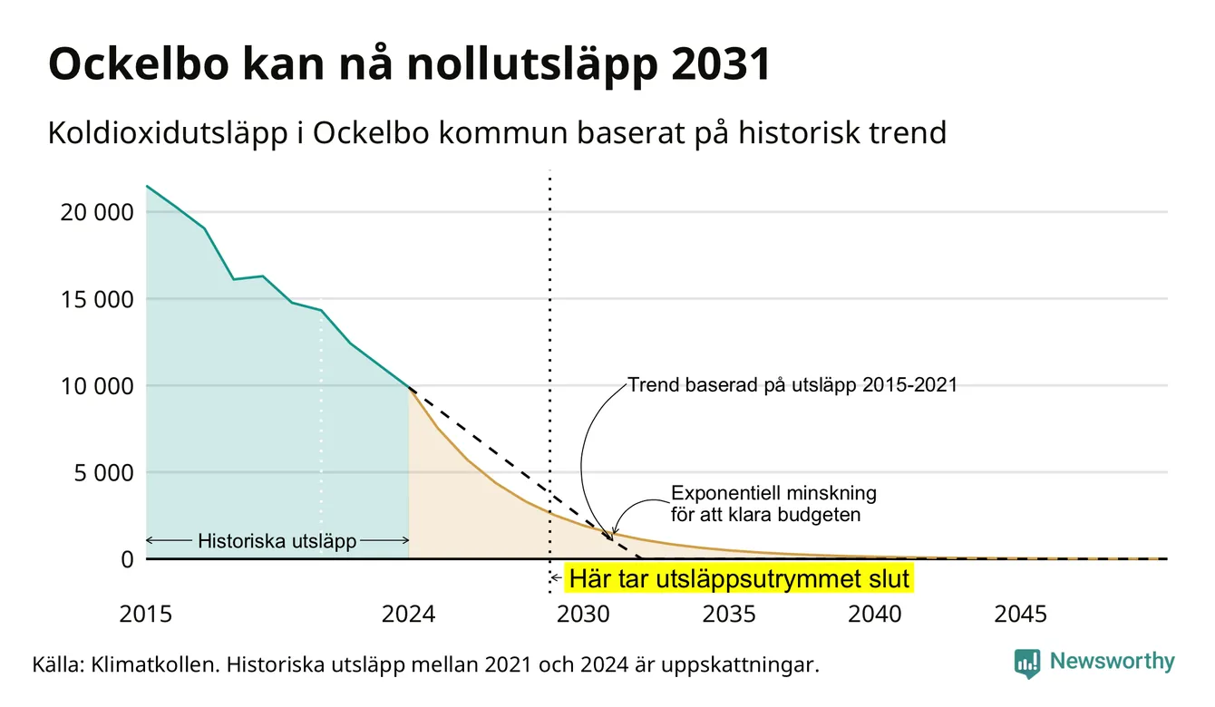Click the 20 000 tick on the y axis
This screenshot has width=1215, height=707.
(x=96, y=212)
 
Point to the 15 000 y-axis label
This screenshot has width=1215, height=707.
(x=96, y=299)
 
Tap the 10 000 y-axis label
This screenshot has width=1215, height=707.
(x=96, y=386)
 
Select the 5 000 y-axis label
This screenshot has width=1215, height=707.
(x=103, y=473)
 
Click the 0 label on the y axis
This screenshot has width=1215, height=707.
(x=127, y=559)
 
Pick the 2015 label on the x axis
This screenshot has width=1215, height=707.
(x=145, y=615)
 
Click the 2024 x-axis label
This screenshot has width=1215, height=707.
(x=408, y=615)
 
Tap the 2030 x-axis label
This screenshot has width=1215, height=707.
(x=584, y=615)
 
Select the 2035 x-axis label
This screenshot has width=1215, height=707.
(x=729, y=615)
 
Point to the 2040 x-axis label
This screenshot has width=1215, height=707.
(x=875, y=615)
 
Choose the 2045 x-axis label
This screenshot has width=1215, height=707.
(x=1020, y=615)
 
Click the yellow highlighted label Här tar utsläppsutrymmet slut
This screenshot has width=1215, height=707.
(x=739, y=578)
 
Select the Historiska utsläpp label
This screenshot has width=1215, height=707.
(x=277, y=540)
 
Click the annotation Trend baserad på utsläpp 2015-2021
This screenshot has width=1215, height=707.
(x=792, y=385)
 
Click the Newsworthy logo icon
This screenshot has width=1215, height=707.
(x=1027, y=663)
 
